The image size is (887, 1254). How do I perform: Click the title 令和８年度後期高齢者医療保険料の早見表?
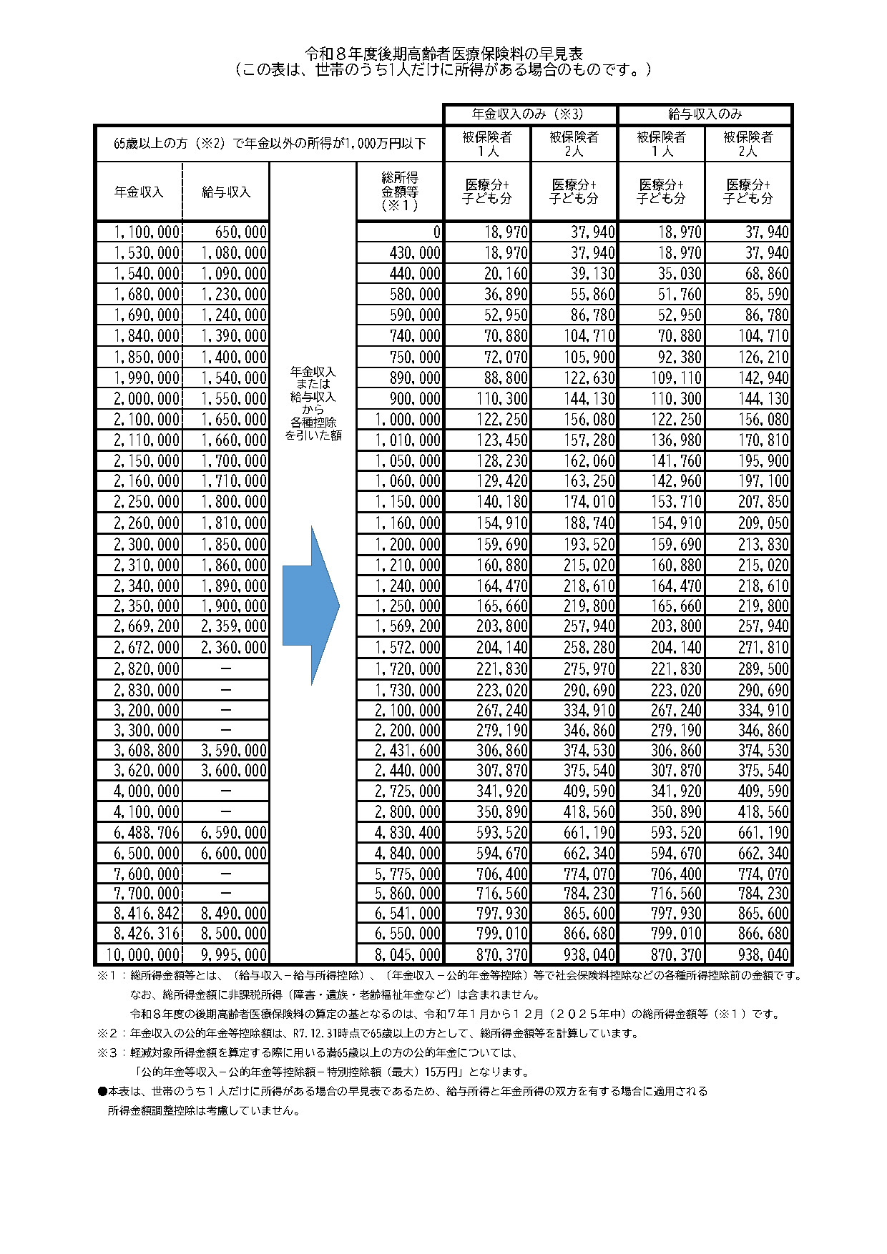pyautogui.click(x=443, y=54)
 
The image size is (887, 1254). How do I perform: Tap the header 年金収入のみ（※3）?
pyautogui.click(x=530, y=114)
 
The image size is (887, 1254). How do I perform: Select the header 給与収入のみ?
pyautogui.click(x=705, y=114)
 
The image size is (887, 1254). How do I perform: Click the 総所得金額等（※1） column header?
pyautogui.click(x=400, y=191)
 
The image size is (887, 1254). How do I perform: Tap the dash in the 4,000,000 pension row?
pyautogui.click(x=226, y=791)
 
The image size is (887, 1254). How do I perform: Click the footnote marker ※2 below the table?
pyautogui.click(x=107, y=1033)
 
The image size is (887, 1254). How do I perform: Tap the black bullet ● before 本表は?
pyautogui.click(x=102, y=1092)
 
